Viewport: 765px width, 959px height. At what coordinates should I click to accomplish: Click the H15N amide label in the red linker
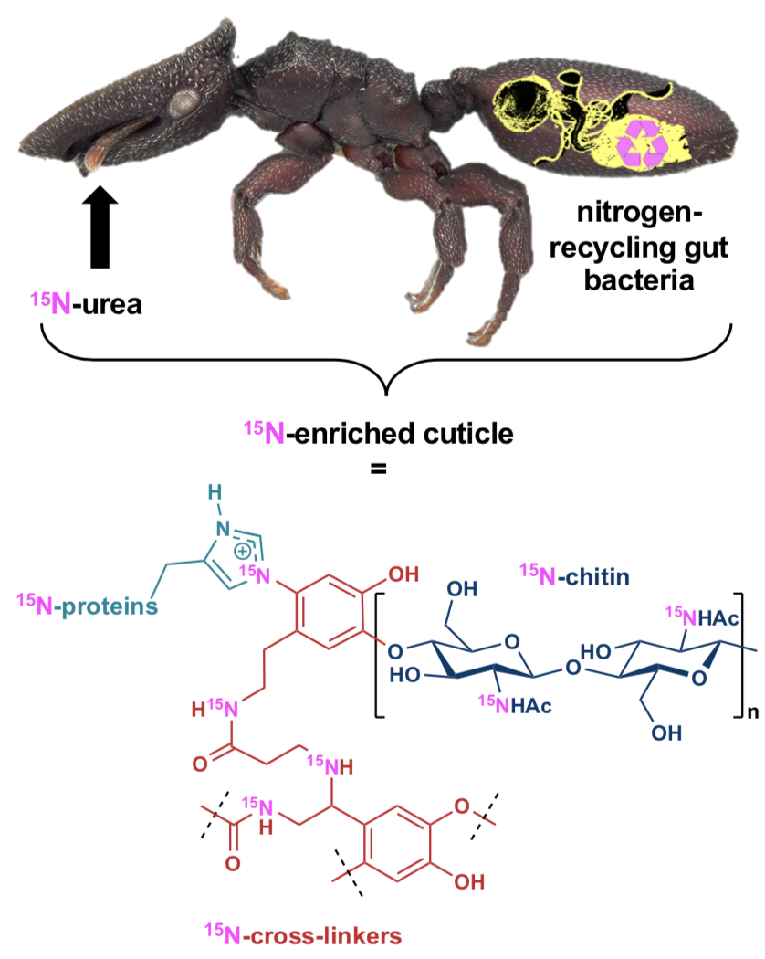pos(215,708)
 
